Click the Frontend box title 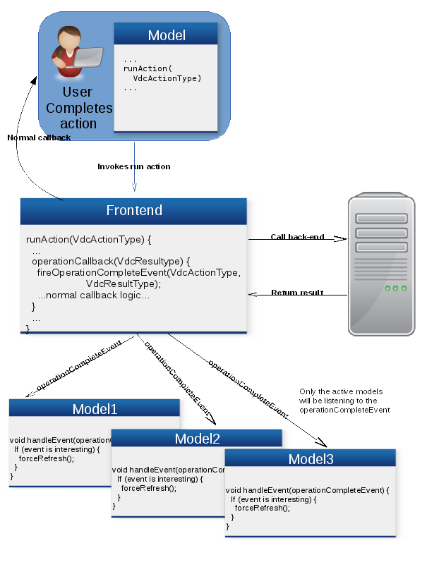click(x=133, y=211)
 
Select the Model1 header click(x=95, y=409)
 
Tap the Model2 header click(x=197, y=439)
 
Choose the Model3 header click(x=311, y=460)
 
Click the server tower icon click(x=381, y=264)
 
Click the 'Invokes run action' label click(x=133, y=167)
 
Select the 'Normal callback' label click(x=39, y=138)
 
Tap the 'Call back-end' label click(x=297, y=237)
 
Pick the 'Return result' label click(x=297, y=293)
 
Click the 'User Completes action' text click(x=78, y=108)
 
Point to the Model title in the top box click(x=166, y=35)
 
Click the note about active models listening click(x=344, y=401)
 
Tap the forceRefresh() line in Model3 click(x=262, y=508)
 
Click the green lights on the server click(x=395, y=288)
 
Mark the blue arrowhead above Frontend click(x=134, y=187)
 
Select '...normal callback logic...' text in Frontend click(x=93, y=295)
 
